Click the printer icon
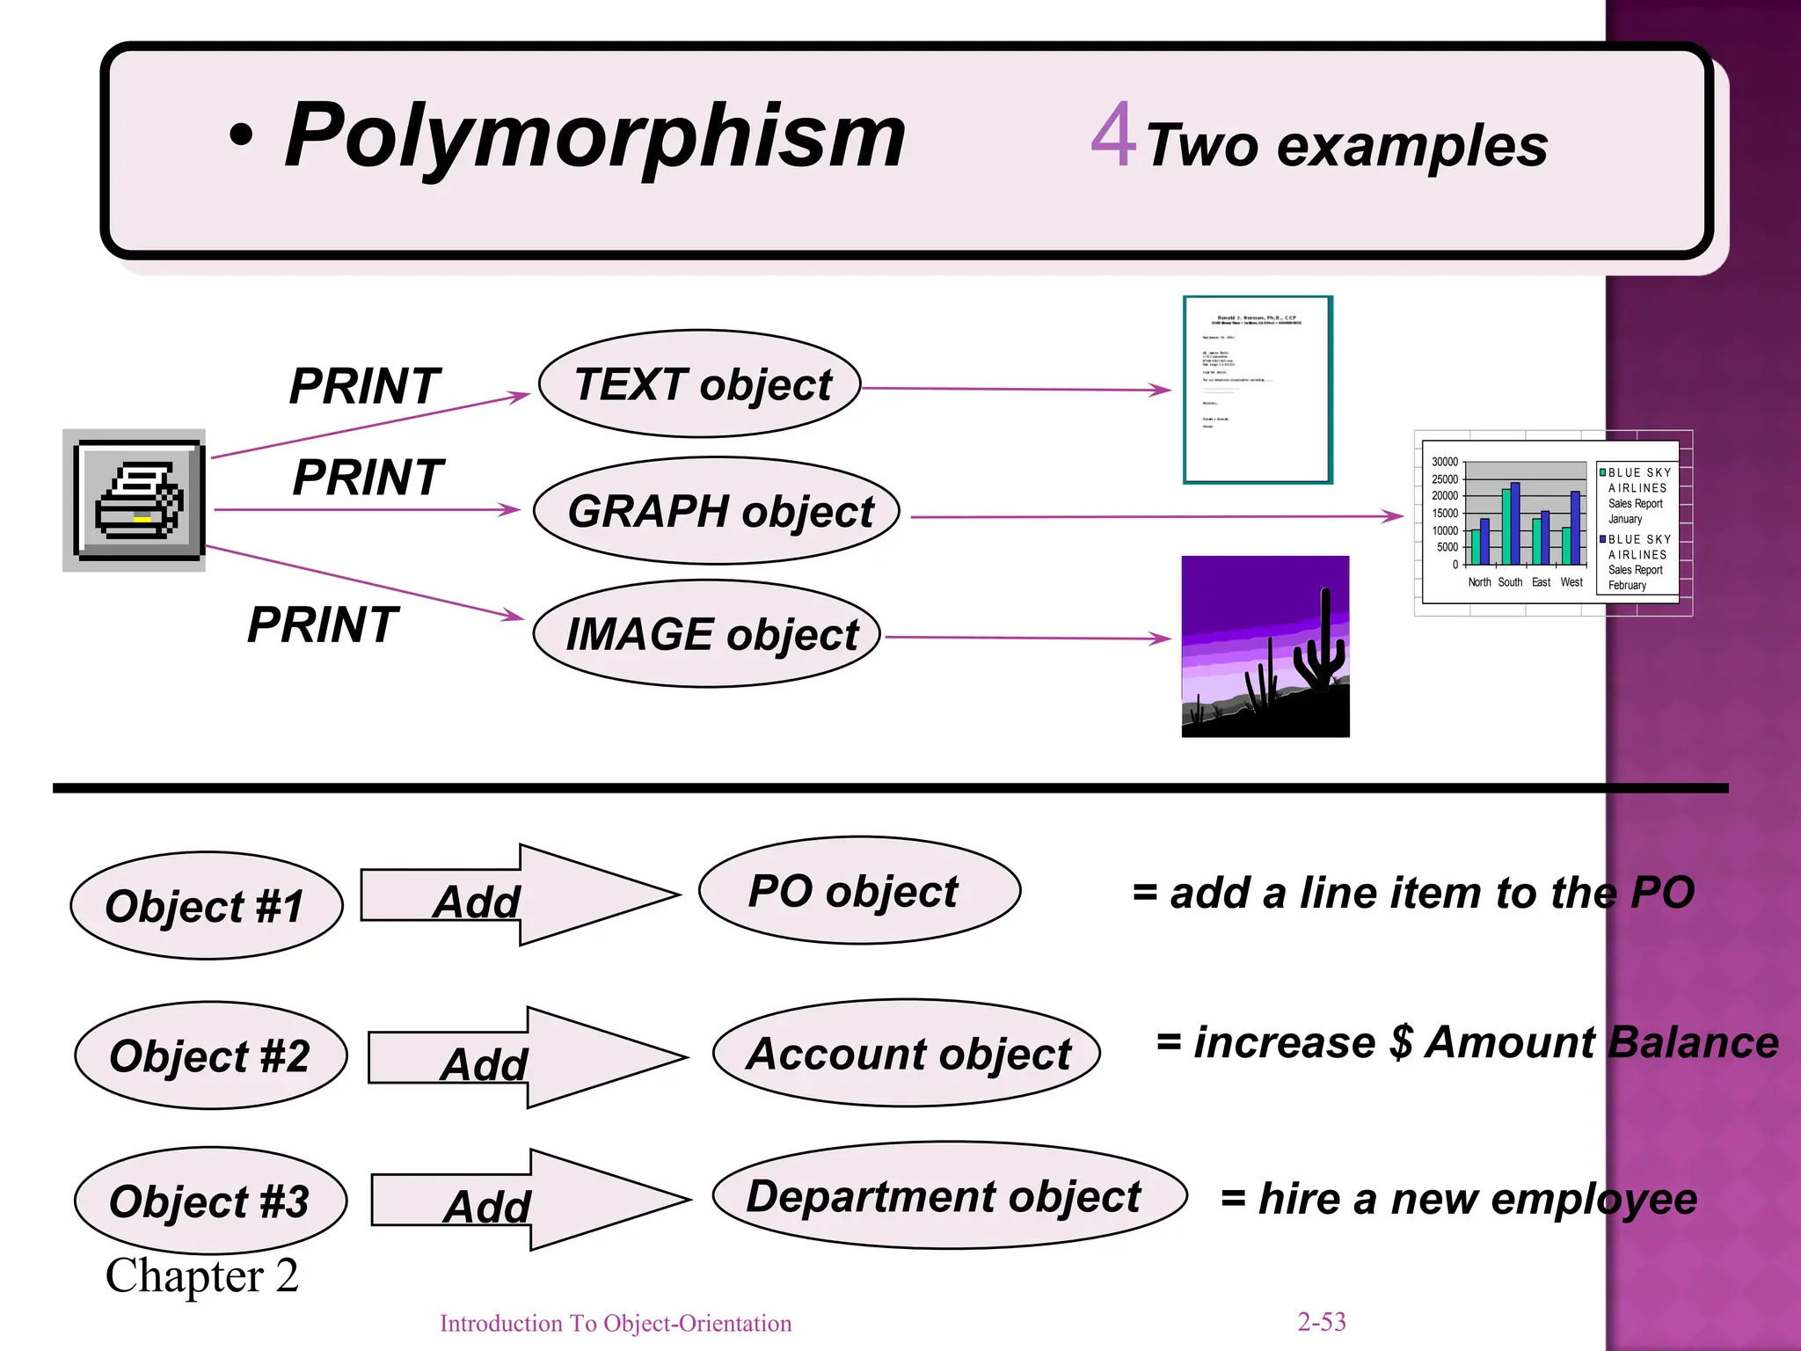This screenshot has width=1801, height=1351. (x=135, y=500)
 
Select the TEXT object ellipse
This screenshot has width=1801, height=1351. (x=700, y=384)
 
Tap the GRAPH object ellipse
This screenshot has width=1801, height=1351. (x=717, y=511)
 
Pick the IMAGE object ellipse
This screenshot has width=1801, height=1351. (x=707, y=634)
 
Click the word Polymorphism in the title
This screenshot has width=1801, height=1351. (x=594, y=135)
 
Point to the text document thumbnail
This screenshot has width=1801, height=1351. (x=1258, y=390)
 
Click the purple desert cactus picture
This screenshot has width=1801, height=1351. (x=1265, y=646)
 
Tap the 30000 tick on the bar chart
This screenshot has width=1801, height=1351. (x=1445, y=462)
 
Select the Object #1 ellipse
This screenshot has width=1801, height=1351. (x=206, y=906)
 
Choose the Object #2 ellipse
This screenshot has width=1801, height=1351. (x=210, y=1055)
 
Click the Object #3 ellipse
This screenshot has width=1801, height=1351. (x=210, y=1201)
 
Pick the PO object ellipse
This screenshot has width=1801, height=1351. (x=859, y=891)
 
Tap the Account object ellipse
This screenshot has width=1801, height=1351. (x=907, y=1053)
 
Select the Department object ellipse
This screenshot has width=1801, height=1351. (x=948, y=1195)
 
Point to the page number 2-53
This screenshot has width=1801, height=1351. (x=1321, y=1321)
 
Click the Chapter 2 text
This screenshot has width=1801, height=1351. (x=202, y=1275)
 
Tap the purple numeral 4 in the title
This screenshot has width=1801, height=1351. (x=1113, y=135)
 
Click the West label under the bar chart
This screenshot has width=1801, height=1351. (x=1571, y=582)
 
